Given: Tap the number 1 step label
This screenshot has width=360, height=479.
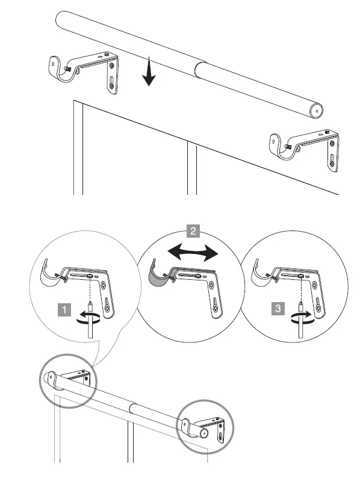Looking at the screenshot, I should click(63, 310).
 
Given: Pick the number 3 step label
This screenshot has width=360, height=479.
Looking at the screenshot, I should click(277, 309).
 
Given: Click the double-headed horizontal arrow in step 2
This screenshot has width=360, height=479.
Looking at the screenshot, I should click(192, 253).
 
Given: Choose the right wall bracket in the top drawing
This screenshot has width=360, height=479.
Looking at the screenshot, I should click(303, 147).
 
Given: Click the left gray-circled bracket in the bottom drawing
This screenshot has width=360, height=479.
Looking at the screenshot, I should click(67, 382).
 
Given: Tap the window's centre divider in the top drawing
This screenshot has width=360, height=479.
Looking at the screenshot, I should click(191, 168).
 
